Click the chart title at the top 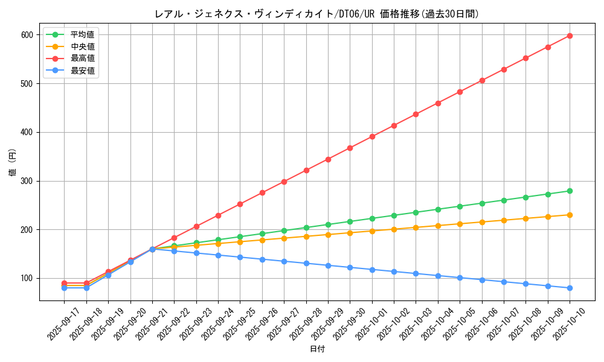pos(317,14)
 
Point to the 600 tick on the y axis pos(27,35)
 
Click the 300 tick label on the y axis pos(27,181)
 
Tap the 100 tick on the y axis pos(27,279)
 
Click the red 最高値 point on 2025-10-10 pos(570,36)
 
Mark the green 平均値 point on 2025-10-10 pos(570,191)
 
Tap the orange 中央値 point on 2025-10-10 pos(570,215)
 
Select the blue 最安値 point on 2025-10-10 pos(570,288)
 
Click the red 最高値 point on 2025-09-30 pos(350,148)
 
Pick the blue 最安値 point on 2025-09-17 pos(64,288)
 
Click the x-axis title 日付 pos(317,349)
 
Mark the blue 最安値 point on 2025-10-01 pos(372,270)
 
